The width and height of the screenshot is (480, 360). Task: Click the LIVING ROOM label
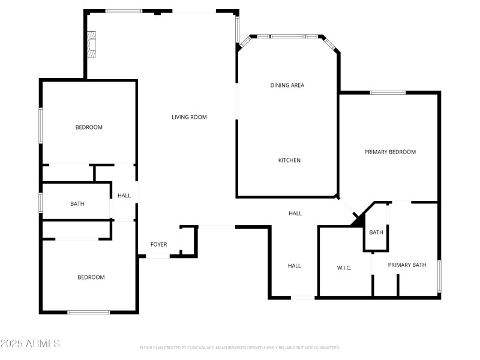189,117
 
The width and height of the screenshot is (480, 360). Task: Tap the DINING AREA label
287,85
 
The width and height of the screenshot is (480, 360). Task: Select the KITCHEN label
289,160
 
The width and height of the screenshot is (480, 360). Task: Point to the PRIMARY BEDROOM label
390,152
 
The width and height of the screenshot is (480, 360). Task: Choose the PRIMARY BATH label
407,265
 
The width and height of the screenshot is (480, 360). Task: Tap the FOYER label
158,244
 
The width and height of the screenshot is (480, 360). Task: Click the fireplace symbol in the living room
91,44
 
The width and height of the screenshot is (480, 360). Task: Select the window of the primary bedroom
388,92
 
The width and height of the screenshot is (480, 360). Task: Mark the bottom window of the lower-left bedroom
88,312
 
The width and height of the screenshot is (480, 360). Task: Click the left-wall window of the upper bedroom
41,125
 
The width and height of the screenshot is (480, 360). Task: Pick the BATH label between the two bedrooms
77,203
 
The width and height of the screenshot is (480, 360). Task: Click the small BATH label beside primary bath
376,232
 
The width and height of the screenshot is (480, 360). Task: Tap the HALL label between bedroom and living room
124,196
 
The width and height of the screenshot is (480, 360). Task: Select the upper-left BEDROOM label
89,127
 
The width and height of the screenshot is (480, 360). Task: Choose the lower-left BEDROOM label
91,277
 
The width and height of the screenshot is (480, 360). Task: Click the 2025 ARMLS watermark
30,344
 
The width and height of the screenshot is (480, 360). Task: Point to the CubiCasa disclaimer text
240,347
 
